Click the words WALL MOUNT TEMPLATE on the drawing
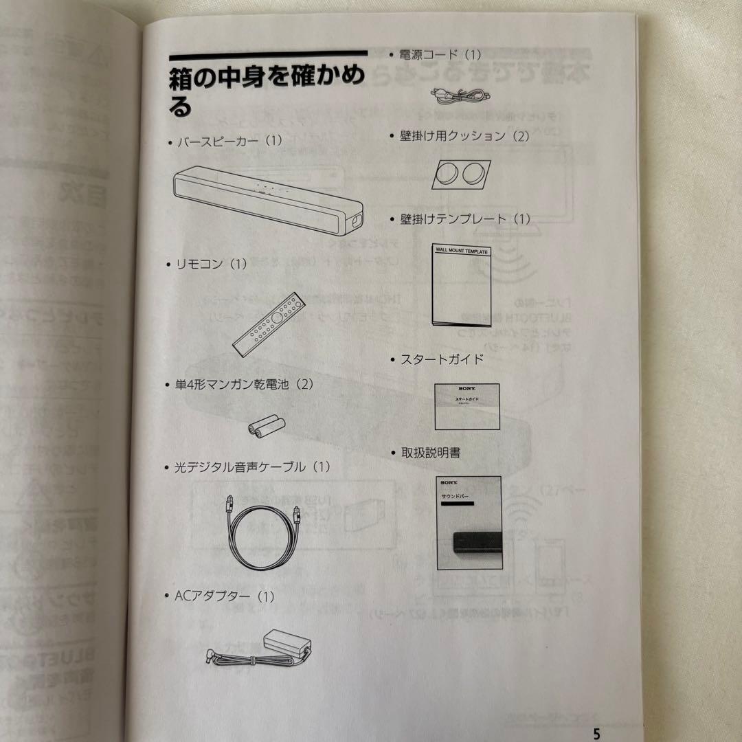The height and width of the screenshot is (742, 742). pyautogui.click(x=462, y=252)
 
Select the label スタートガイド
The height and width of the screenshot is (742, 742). pyautogui.click(x=441, y=359)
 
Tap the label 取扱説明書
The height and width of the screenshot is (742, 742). pyautogui.click(x=431, y=453)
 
